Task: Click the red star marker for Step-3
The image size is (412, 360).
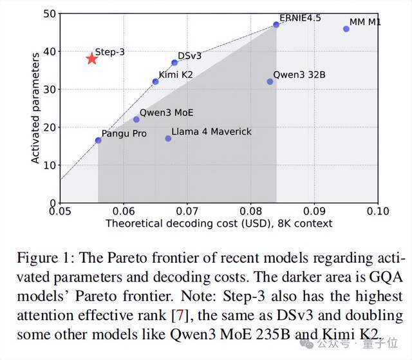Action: [x=91, y=59]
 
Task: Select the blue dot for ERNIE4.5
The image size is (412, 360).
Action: [x=276, y=24]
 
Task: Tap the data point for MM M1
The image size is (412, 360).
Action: [x=346, y=29]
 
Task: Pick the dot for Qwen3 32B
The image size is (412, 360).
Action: [x=270, y=82]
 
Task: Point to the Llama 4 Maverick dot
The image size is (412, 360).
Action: [x=168, y=138]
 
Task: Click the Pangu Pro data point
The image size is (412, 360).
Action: [x=98, y=140]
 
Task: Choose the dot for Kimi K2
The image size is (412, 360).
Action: [x=155, y=82]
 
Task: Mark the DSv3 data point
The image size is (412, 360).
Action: [x=174, y=63]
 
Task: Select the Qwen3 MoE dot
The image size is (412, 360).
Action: [x=136, y=119]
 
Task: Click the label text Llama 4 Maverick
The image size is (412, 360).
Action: [x=211, y=131]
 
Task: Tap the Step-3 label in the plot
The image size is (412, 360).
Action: [x=110, y=52]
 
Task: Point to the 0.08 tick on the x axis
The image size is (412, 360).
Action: [x=250, y=211]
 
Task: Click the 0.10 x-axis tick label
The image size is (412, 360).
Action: [x=377, y=211]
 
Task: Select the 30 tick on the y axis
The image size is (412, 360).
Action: [x=48, y=89]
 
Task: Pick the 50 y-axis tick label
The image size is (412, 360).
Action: [x=48, y=14]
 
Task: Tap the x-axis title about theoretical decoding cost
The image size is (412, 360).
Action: [x=219, y=223]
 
